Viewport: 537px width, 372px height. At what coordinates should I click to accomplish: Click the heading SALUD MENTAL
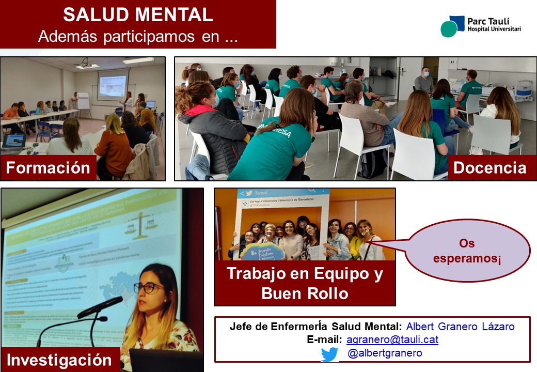coord(138,14)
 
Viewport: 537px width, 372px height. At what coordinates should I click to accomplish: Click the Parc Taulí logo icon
coord(452,26)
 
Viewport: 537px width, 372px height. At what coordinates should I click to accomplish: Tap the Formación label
coord(48,168)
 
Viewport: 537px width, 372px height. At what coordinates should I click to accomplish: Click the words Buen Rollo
coord(305,293)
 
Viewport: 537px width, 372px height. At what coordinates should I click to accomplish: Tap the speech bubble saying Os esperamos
coord(467,251)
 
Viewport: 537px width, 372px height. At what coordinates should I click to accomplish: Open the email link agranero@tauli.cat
coord(392,340)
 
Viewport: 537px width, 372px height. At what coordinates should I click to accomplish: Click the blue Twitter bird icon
coord(329,354)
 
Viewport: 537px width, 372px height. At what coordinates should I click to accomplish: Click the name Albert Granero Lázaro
coord(460,327)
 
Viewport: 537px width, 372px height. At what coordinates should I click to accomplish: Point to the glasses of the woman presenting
coord(148,288)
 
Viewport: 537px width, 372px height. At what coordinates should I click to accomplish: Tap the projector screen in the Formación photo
coord(112,84)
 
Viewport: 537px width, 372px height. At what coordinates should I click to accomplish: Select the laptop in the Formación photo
coord(13,143)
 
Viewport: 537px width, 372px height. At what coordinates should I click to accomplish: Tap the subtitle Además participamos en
coord(137,37)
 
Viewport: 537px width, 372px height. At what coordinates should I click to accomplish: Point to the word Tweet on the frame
coord(261,193)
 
